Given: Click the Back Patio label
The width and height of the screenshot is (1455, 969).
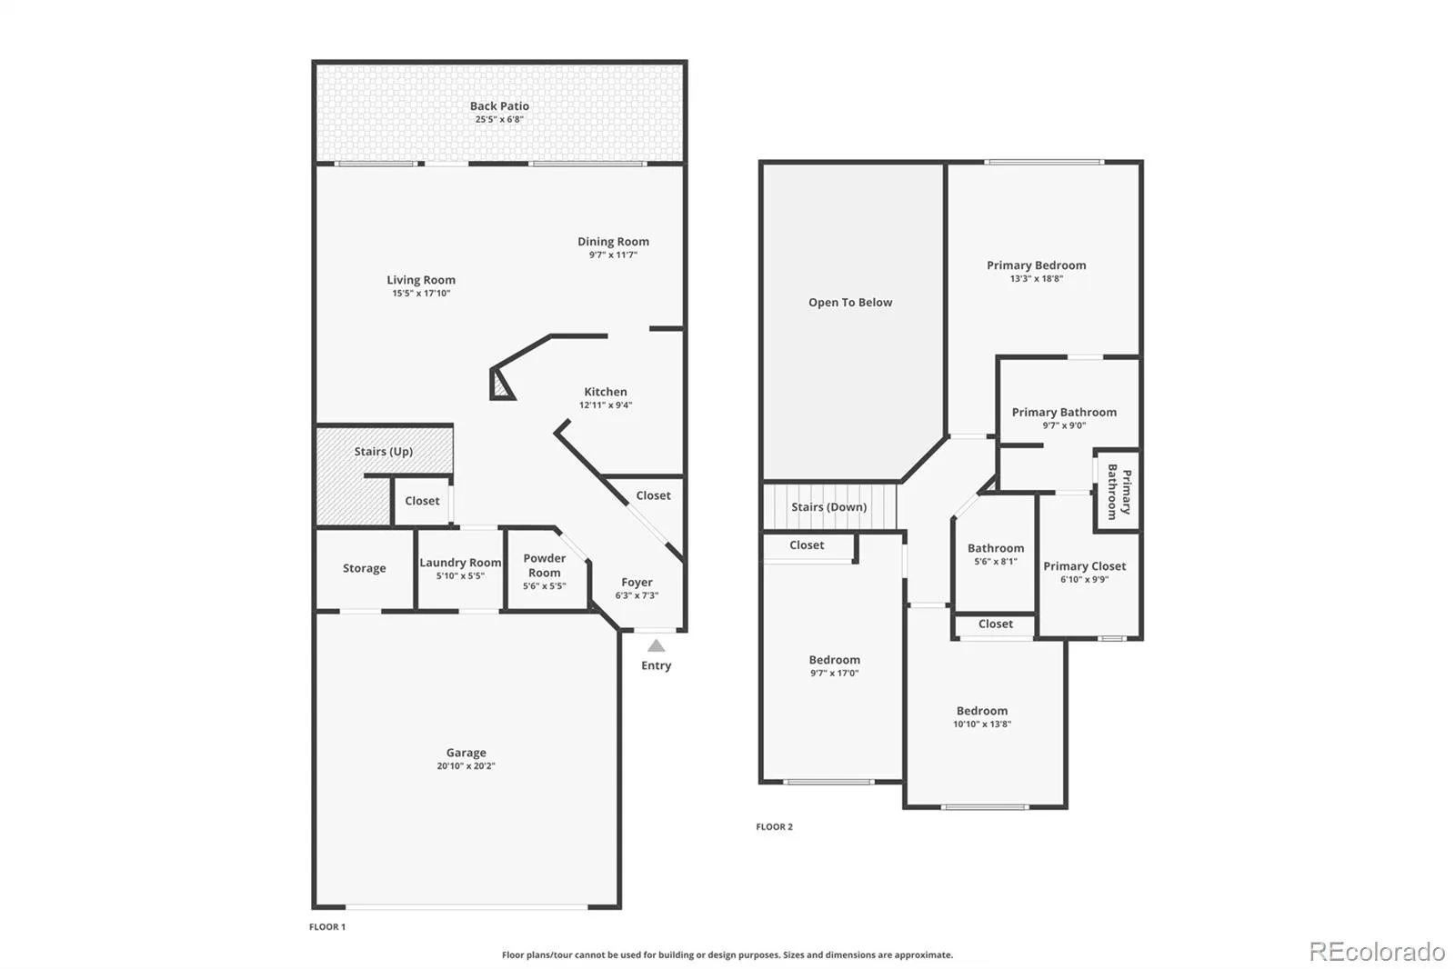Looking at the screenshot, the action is tap(499, 105).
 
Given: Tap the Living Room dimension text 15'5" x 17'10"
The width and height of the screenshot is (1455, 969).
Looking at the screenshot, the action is tap(421, 294).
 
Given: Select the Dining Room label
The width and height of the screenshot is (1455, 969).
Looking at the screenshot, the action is tap(613, 242).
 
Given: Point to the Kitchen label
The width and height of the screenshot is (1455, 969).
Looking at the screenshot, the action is tap(606, 392).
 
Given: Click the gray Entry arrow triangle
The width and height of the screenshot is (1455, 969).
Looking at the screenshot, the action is tap(656, 645).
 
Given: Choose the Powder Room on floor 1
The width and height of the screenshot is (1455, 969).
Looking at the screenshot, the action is tap(547, 570).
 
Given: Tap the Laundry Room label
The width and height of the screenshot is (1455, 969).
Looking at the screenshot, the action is tap(460, 563).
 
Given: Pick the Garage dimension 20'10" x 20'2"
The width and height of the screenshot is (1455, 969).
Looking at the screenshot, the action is tap(466, 766).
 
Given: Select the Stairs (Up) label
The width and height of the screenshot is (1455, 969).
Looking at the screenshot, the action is tap(383, 452).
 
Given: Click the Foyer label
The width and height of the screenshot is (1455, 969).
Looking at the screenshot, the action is tap(637, 582).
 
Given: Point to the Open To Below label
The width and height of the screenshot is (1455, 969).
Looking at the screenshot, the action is tap(850, 302).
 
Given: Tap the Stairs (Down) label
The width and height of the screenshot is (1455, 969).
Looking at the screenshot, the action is tap(828, 506).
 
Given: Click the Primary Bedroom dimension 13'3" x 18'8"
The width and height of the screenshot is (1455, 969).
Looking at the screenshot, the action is tap(1036, 279).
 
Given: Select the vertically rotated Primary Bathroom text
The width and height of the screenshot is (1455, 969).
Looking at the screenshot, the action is tap(1119, 492).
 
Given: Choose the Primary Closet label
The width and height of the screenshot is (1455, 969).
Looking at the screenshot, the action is tap(1084, 566).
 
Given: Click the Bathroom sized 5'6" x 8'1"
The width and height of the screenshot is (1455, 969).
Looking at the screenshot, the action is tap(995, 554).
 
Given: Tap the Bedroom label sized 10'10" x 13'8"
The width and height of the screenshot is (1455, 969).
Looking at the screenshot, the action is tap(981, 711).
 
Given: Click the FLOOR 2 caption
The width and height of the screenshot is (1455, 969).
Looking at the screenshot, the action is tap(774, 827).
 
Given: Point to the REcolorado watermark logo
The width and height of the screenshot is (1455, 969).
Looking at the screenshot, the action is tap(1377, 952).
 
